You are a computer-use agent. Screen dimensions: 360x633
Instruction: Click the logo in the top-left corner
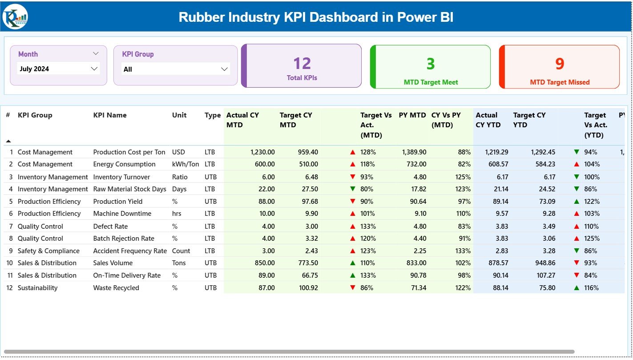15,16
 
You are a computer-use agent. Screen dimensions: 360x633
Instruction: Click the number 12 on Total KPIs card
302,64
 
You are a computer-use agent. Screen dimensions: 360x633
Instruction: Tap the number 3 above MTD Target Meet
430,64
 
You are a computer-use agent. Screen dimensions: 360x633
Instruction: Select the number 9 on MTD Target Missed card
559,64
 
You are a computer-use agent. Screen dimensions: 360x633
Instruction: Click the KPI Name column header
110,115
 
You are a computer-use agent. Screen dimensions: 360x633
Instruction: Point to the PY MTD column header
412,115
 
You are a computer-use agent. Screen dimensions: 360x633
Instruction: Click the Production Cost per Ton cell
129,152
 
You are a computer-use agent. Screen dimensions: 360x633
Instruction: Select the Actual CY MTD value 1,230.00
262,152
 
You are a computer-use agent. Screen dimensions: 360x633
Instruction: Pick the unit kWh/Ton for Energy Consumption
185,164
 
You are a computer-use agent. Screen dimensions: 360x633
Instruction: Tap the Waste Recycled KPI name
116,288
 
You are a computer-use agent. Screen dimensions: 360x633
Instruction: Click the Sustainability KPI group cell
37,288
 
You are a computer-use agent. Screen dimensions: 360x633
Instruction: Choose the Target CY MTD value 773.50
306,263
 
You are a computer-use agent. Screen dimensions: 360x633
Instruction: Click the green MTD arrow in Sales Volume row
353,263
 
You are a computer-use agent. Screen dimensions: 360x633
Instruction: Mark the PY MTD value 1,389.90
414,152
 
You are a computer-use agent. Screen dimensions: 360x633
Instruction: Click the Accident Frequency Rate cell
130,251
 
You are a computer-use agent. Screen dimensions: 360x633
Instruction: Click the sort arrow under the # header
8,141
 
